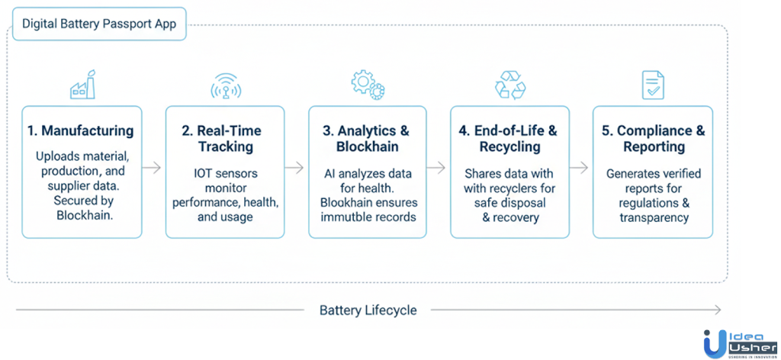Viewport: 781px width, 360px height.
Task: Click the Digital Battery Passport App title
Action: [x=99, y=24]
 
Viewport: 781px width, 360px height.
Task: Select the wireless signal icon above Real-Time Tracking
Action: [x=226, y=86]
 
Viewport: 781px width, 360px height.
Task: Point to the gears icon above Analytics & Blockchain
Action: [x=368, y=85]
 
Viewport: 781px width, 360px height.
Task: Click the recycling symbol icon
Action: [x=510, y=85]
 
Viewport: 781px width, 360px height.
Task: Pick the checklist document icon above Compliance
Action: [x=652, y=85]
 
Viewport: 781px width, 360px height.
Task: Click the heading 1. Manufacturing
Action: [x=80, y=130]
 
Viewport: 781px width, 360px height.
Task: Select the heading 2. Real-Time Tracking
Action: [x=225, y=138]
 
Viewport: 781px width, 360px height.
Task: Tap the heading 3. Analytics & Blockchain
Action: [x=368, y=138]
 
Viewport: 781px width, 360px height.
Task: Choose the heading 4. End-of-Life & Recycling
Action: [x=509, y=138]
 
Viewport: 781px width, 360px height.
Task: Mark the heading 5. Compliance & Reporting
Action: [x=653, y=138]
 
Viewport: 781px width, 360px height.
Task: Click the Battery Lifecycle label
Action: [x=368, y=310]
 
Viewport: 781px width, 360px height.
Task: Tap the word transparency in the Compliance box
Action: [x=654, y=217]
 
